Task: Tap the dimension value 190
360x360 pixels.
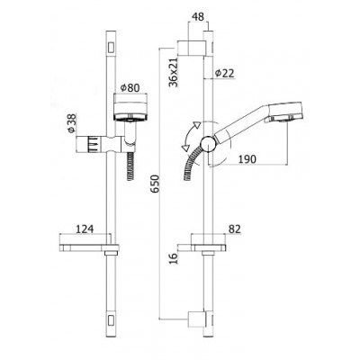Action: coord(247,159)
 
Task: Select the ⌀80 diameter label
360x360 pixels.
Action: coord(130,88)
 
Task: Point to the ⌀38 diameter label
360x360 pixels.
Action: coord(72,123)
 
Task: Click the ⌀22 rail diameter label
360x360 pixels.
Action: coord(225,73)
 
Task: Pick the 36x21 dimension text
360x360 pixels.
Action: coord(173,72)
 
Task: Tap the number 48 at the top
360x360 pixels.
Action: coord(197,17)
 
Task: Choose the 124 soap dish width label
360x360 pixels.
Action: coord(85,229)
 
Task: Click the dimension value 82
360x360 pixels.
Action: coord(235,229)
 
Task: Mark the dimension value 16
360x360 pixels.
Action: coord(173,257)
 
